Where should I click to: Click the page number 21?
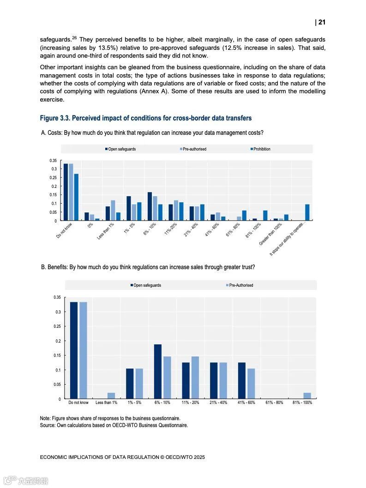pos(322,22)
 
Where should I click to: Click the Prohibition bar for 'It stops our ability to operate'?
pos(307,212)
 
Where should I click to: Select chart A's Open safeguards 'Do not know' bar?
pos(66,192)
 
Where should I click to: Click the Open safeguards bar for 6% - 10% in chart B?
pos(158,372)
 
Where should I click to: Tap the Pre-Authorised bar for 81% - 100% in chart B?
pos(307,396)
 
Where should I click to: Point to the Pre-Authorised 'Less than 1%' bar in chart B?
pos(111,396)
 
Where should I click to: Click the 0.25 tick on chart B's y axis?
pos(58,326)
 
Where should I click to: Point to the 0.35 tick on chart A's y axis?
pos(54,161)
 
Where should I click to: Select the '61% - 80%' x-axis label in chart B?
pos(274,403)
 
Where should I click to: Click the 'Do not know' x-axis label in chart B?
pos(78,403)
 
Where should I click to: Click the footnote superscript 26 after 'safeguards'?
pos(74,37)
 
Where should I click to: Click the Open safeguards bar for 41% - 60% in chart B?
pos(242,381)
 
